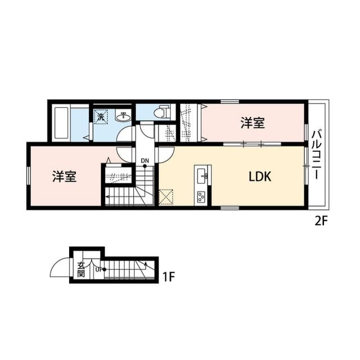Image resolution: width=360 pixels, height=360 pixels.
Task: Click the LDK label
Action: click(x=260, y=177)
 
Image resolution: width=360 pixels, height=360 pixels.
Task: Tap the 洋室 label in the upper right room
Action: click(x=253, y=123)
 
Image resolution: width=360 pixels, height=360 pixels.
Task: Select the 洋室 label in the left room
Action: click(x=65, y=177)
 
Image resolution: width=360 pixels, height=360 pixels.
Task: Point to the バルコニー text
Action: click(x=316, y=154)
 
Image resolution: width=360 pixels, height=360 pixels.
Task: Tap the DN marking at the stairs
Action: click(x=145, y=161)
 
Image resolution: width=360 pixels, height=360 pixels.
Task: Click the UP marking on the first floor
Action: click(x=99, y=269)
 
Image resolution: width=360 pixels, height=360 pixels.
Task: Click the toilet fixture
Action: click(x=163, y=111)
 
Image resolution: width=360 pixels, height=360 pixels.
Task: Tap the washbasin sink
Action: click(x=122, y=117)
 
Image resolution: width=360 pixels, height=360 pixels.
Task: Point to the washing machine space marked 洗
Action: click(x=100, y=118)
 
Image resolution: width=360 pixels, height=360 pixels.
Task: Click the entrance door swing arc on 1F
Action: click(x=60, y=268)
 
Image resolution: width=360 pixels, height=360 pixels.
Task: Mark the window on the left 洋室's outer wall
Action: click(x=28, y=176)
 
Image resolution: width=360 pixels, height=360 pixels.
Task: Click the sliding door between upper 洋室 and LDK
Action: click(x=252, y=145)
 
